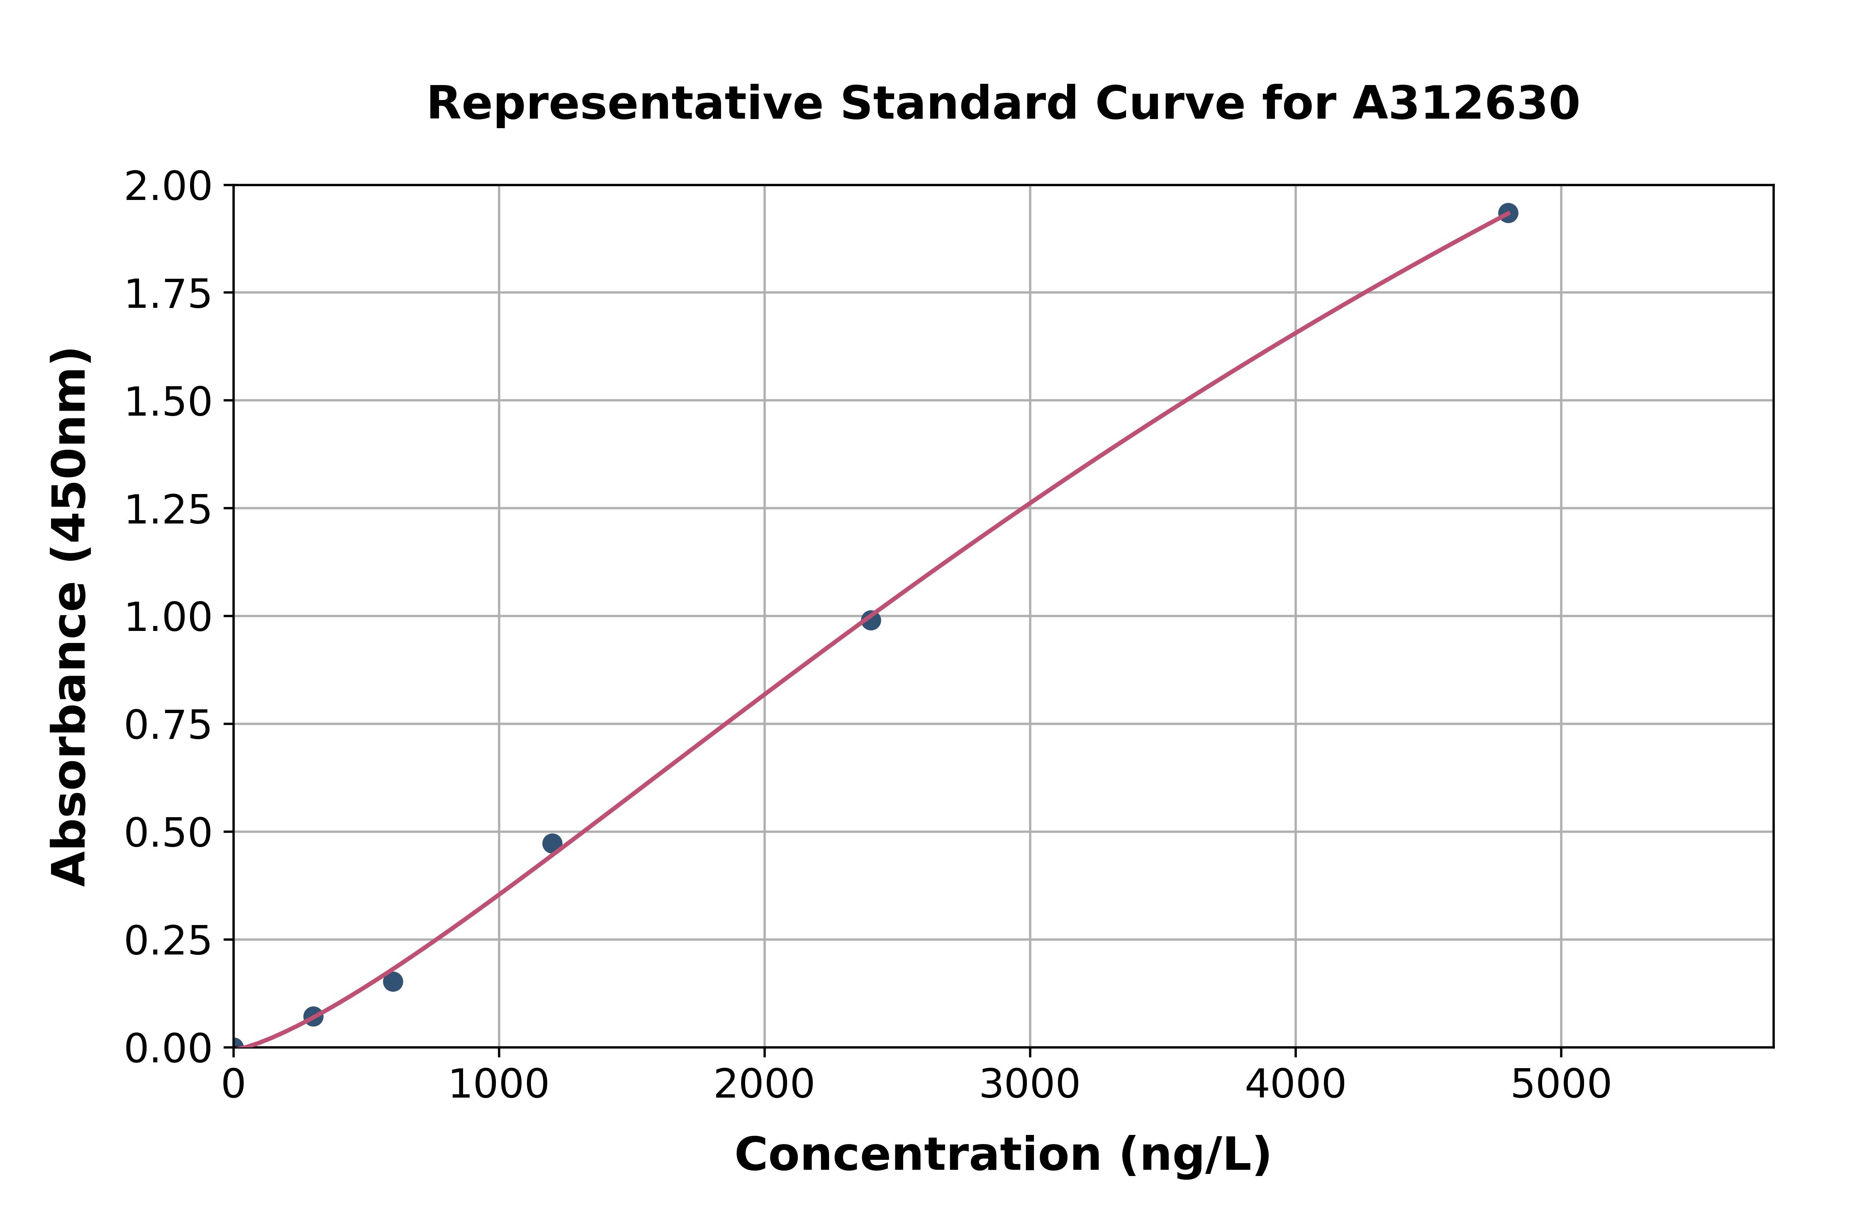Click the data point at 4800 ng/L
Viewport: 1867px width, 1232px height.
tap(1508, 213)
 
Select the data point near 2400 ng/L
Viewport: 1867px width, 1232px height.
tap(870, 620)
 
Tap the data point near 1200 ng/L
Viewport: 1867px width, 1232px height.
tap(552, 843)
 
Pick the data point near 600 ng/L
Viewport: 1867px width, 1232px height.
tap(393, 981)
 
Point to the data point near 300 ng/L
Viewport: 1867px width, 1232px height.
tap(314, 1017)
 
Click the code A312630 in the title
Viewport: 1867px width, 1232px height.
tap(1465, 104)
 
